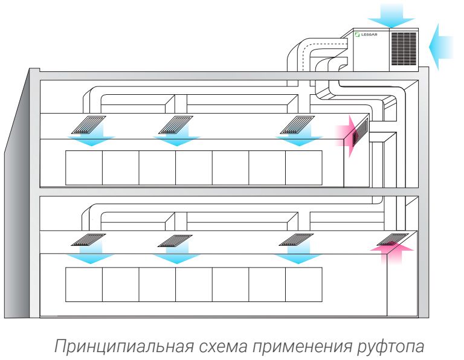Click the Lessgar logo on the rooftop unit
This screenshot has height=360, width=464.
(366, 34)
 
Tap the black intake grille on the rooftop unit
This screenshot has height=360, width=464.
(404, 49)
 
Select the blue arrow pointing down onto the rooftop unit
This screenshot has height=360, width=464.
(391, 16)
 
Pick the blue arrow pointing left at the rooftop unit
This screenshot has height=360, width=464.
(441, 47)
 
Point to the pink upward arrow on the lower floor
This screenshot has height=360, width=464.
(391, 253)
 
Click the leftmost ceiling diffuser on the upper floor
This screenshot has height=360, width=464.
(88, 125)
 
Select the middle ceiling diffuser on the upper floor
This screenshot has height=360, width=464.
(175, 125)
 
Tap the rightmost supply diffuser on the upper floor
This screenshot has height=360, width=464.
(297, 125)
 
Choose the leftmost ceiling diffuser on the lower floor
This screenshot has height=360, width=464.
(88, 240)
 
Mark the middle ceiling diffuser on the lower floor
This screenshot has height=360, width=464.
(175, 240)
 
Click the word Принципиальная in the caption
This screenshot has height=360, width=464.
(124, 346)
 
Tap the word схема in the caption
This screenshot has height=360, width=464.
(223, 346)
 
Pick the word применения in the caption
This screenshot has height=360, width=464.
(302, 346)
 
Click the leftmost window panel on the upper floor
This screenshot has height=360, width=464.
(84, 168)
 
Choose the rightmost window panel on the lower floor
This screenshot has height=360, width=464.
(304, 284)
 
